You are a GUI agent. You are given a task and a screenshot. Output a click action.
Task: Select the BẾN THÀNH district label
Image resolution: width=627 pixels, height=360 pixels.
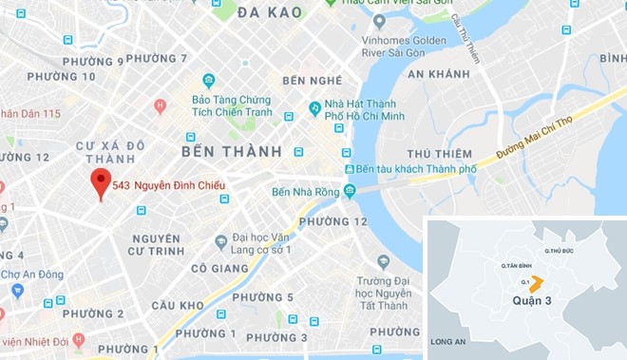232,151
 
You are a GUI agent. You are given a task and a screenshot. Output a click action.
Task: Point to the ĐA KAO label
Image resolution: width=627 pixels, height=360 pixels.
270,12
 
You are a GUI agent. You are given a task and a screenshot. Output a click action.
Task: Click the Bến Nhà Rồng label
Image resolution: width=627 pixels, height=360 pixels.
305,191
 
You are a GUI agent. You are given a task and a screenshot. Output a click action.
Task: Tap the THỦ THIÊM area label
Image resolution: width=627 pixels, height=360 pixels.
439,154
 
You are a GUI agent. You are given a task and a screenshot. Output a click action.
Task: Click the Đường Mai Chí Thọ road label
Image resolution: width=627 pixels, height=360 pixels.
549,139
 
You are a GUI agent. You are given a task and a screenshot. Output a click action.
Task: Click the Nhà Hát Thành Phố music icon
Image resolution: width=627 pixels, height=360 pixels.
314,108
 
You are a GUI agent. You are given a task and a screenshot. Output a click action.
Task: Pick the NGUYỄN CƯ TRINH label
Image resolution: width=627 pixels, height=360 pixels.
157,244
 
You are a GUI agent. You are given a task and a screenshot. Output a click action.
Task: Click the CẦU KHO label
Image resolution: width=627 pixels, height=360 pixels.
177,305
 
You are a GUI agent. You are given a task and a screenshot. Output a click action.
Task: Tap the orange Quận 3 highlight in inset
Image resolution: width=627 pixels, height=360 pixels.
536,283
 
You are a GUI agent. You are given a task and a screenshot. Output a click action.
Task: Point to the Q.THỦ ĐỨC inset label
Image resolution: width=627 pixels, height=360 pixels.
560,250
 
